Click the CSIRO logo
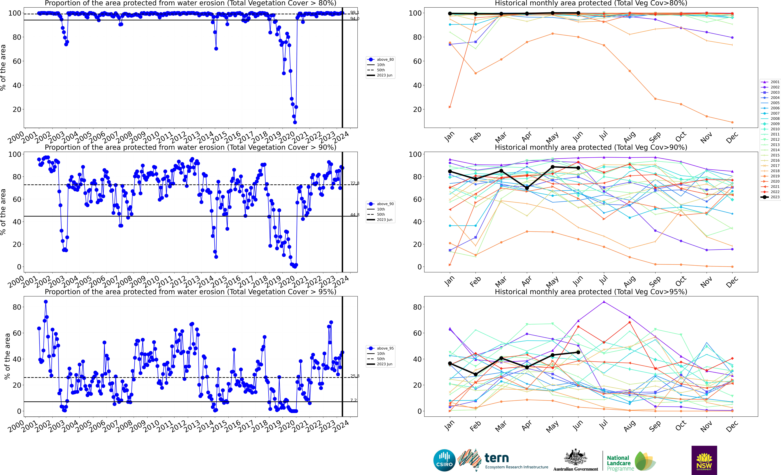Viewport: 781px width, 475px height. tap(444, 460)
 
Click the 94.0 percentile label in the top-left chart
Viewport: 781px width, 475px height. tap(354, 19)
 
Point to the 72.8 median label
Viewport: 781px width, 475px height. tap(354, 183)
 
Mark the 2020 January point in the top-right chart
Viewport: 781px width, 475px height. tap(450, 107)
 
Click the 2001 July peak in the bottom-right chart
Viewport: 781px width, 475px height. tap(604, 302)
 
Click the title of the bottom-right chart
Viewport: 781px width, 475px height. tap(591, 292)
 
